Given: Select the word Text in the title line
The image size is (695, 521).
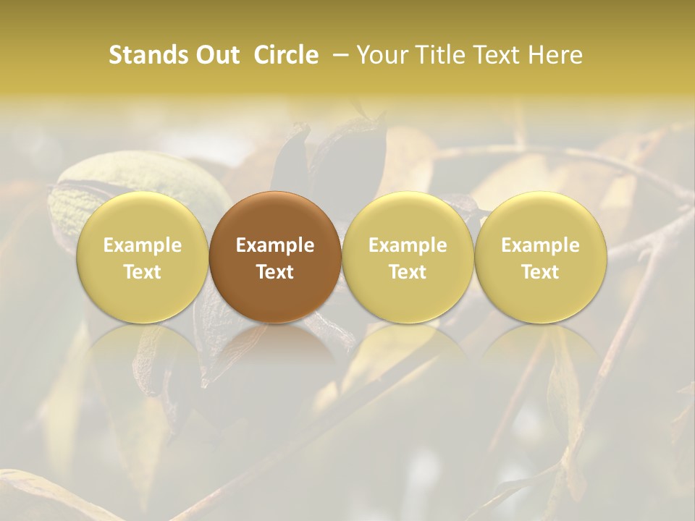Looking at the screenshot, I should (501, 55).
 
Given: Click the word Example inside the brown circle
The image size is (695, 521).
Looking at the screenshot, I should (275, 245).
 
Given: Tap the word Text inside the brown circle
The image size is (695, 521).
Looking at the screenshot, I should (275, 272).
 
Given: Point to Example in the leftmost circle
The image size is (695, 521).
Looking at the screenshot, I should (143, 245).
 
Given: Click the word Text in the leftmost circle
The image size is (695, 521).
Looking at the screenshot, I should (143, 272).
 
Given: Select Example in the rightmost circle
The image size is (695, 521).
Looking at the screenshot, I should (540, 245).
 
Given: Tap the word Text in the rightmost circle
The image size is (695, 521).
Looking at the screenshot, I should (540, 272).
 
